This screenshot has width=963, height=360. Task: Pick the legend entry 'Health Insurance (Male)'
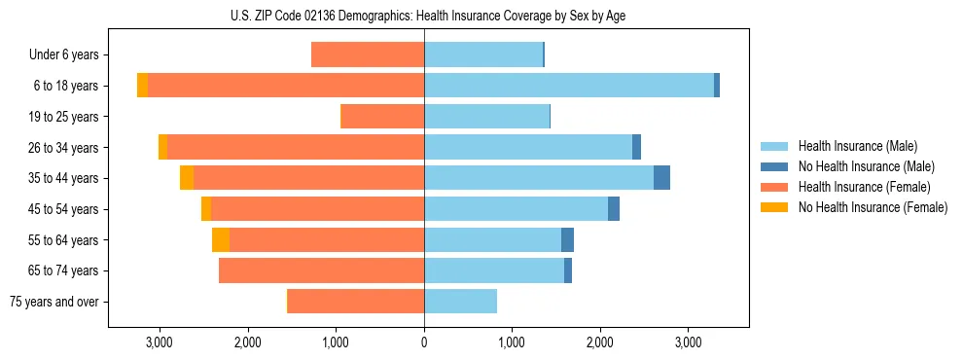(x=857, y=146)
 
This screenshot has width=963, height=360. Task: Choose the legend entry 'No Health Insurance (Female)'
(x=873, y=207)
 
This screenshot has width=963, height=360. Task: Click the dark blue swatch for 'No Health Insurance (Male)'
(x=774, y=166)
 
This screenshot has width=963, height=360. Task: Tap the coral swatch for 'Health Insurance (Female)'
(x=774, y=187)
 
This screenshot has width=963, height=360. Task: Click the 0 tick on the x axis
(x=424, y=342)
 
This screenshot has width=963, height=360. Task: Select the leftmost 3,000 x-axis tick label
(x=159, y=342)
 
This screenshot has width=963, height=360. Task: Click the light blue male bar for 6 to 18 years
(x=569, y=86)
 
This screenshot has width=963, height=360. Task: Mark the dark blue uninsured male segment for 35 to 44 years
(x=661, y=178)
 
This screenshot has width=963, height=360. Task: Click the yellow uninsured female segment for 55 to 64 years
(x=221, y=240)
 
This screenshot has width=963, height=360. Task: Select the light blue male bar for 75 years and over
(x=460, y=302)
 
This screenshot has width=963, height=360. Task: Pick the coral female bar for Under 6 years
(x=368, y=55)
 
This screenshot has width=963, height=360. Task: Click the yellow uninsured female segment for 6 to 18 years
(x=142, y=86)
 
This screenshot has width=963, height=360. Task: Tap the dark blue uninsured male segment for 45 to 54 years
(x=614, y=209)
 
